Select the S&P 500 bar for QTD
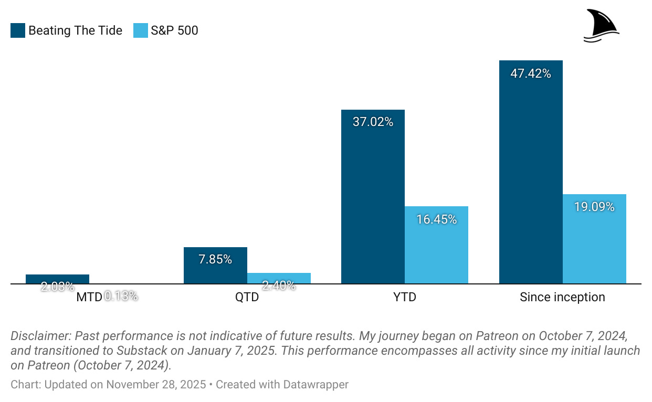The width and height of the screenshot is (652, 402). pyautogui.click(x=279, y=278)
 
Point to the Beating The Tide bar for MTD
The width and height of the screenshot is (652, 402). pyautogui.click(x=57, y=279)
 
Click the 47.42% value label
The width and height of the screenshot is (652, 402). pyautogui.click(x=531, y=73)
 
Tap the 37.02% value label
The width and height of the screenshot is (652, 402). pyautogui.click(x=373, y=122)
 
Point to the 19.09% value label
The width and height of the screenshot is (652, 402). pyautogui.click(x=594, y=207)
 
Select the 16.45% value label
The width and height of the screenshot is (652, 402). pyautogui.click(x=436, y=219)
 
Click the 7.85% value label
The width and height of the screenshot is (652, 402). pyautogui.click(x=215, y=259)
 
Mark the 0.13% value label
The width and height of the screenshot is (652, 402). pyautogui.click(x=121, y=297)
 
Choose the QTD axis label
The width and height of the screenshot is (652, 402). pyautogui.click(x=247, y=298)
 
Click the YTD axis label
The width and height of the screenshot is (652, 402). pyautogui.click(x=405, y=298)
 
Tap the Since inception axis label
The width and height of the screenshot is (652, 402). pyautogui.click(x=562, y=298)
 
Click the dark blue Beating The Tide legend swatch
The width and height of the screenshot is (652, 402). pyautogui.click(x=17, y=30)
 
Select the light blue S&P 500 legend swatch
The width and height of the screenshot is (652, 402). pyautogui.click(x=141, y=30)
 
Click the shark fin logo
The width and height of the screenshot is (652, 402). pyautogui.click(x=601, y=25)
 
